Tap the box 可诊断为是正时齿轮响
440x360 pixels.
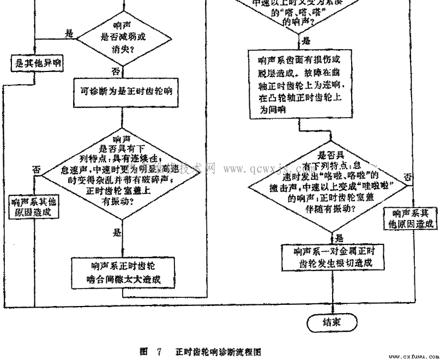click(123, 92)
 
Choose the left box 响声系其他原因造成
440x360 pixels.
click(35, 207)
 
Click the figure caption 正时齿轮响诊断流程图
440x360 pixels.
click(218, 352)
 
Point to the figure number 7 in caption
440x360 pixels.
click(159, 352)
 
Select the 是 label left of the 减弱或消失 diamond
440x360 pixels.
click(69, 33)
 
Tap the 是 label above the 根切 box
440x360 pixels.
click(339, 238)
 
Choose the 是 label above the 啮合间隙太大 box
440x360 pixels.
click(116, 233)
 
